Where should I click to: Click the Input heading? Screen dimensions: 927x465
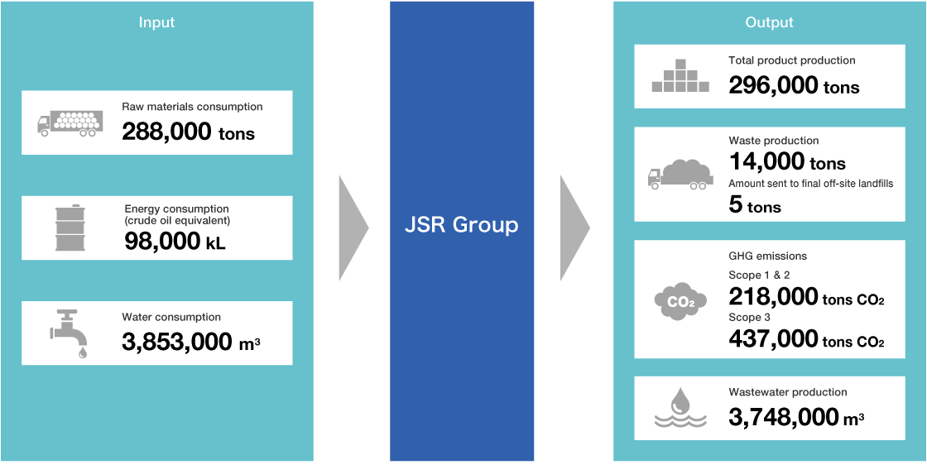tap(156, 23)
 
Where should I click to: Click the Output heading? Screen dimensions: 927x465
tap(769, 23)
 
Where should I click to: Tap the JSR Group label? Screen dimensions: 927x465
tap(462, 225)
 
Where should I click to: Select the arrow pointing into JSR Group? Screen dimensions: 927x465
tap(353, 228)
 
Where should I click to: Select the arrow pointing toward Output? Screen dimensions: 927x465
tap(574, 228)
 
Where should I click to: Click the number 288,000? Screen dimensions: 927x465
tap(166, 132)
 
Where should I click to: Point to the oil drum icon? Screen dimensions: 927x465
tap(70, 228)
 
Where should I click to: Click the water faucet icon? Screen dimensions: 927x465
tap(69, 333)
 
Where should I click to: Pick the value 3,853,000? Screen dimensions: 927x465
tap(176, 342)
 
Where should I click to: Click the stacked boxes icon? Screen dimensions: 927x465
tap(680, 75)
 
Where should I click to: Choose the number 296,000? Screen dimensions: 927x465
tap(773, 86)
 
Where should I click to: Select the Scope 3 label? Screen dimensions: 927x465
tap(749, 318)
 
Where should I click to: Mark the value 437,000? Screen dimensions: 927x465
tap(773, 339)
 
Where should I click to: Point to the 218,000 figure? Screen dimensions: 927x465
tap(773, 295)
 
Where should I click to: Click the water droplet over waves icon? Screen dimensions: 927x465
tap(680, 407)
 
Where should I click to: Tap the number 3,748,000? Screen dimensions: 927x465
tap(783, 417)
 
